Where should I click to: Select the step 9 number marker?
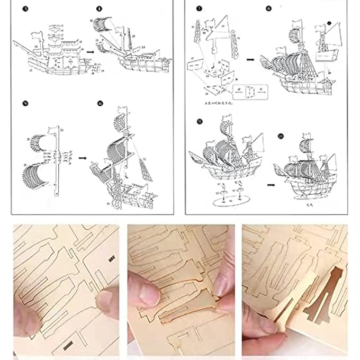(199, 121)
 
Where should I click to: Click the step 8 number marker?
(269, 9)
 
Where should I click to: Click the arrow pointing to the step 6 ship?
(83, 157)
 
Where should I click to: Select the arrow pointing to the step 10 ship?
(271, 185)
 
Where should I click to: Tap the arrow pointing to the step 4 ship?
(91, 52)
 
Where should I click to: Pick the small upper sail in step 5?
(38, 142)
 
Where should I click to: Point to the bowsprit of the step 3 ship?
(19, 42)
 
